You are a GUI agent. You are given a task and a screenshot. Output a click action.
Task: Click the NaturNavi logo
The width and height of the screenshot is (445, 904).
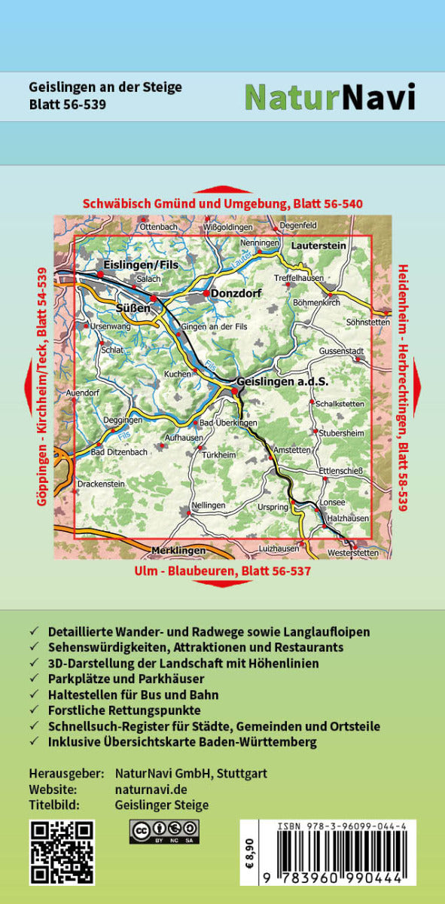click(330, 96)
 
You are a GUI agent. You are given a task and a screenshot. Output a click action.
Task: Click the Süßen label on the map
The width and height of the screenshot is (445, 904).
click(133, 308)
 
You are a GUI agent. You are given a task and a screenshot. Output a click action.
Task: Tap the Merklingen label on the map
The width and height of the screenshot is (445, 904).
click(178, 551)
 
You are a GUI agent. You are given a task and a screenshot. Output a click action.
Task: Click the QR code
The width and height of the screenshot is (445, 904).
click(62, 852)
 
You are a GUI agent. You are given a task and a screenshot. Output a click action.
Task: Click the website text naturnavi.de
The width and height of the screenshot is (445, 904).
click(151, 789)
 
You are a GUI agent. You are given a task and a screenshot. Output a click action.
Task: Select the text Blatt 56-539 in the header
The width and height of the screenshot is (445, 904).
click(67, 105)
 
